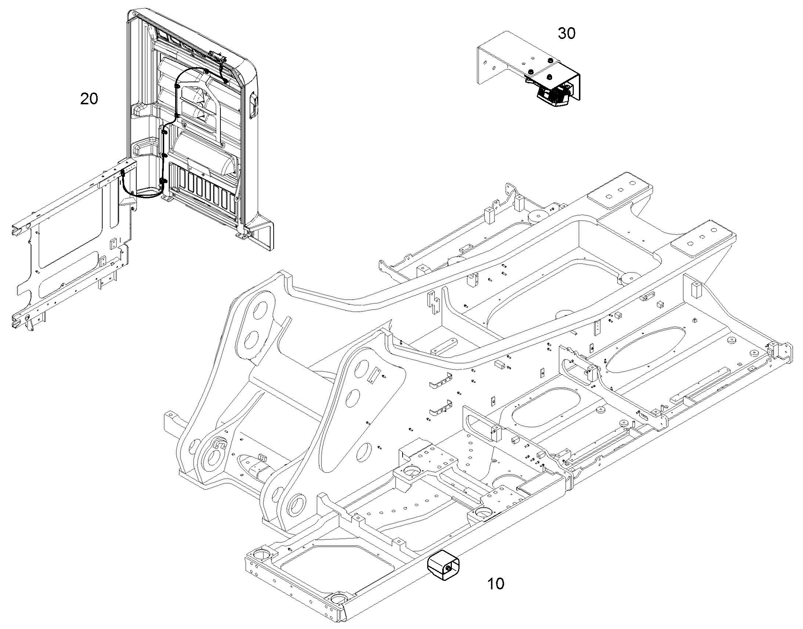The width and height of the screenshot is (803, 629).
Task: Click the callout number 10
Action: coord(496,583)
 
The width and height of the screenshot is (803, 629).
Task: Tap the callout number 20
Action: coord(89,99)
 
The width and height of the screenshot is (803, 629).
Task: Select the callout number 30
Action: coord(566,33)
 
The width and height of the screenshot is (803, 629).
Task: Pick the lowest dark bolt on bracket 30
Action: coord(550,77)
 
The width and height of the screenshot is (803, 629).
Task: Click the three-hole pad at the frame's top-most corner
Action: coord(620,191)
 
